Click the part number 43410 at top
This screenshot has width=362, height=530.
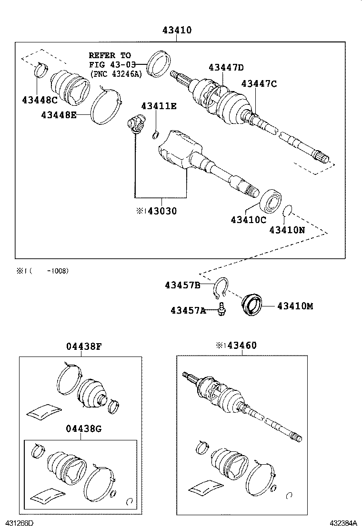[x=177, y=30]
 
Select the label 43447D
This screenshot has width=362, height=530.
[x=226, y=68]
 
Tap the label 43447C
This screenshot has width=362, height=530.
[x=259, y=84]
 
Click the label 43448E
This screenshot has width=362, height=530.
[x=59, y=115]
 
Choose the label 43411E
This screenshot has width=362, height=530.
[x=159, y=106]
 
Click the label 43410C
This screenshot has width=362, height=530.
[x=249, y=220]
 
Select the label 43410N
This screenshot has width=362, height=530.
[x=287, y=229]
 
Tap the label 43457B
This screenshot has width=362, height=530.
[x=182, y=285]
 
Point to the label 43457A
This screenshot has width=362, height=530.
[x=188, y=311]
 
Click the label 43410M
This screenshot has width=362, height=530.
[x=295, y=306]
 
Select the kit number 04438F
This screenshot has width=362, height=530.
[x=84, y=347]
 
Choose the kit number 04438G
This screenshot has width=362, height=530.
[x=84, y=428]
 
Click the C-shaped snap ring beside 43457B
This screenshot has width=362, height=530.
[x=222, y=289]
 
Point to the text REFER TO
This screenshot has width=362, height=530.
[x=110, y=55]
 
